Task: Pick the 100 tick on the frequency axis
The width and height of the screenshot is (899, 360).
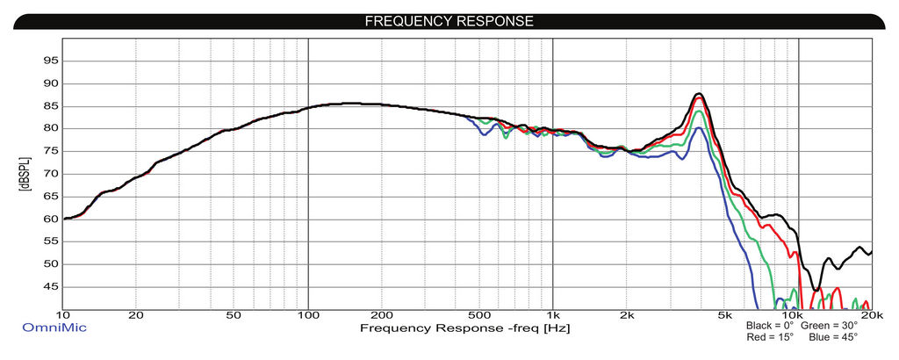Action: [308, 315]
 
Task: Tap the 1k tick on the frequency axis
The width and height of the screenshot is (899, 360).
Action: [552, 315]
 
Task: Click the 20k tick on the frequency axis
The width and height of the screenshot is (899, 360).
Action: [871, 315]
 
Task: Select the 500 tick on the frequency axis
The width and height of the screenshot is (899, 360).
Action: [478, 315]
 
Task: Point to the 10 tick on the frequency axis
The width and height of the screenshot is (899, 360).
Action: [63, 315]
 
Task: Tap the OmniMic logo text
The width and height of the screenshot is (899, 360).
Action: [54, 328]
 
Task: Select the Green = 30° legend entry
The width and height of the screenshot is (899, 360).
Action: [830, 326]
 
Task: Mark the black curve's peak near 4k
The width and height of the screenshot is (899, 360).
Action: [699, 94]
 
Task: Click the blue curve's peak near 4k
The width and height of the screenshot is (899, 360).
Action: [698, 128]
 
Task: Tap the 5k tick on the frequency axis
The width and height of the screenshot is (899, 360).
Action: [723, 315]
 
